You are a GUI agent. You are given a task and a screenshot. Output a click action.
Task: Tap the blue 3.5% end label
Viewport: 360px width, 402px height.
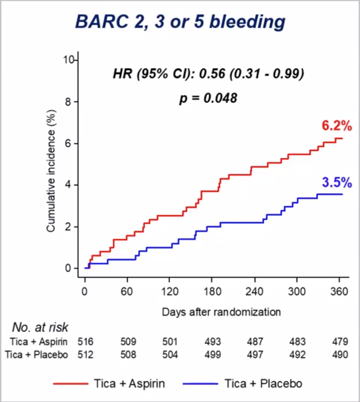point(336,183)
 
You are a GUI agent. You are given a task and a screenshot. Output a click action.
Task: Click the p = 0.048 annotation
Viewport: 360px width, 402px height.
point(208,98)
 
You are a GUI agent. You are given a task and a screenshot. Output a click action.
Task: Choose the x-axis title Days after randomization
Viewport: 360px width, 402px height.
point(221,312)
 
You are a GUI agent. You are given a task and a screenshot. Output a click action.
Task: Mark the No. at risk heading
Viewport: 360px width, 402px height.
point(40,327)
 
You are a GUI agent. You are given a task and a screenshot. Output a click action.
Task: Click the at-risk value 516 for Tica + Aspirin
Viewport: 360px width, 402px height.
point(85,341)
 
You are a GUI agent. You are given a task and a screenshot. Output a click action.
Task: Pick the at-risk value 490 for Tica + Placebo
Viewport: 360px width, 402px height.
point(339,355)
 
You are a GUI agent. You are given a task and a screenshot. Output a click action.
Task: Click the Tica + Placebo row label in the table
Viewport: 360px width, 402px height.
point(36,355)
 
